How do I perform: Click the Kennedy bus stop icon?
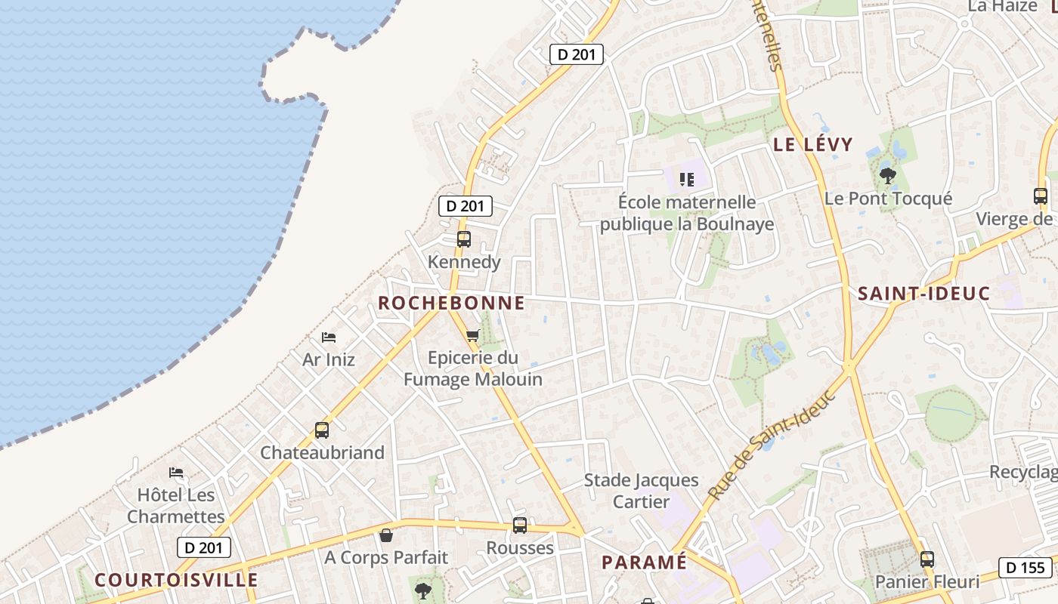463,239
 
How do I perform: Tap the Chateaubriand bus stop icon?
322,430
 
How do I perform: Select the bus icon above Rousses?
520,525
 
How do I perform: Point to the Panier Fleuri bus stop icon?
927,559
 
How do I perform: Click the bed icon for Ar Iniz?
329,337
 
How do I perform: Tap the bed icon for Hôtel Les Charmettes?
176,473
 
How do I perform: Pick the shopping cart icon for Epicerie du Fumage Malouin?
473,335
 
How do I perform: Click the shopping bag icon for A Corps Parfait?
386,535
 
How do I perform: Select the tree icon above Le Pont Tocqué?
888,176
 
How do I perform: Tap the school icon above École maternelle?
687,180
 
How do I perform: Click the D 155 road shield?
1026,568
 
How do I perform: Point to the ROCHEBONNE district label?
451,303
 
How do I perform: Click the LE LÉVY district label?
812,144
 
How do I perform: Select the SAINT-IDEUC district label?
923,294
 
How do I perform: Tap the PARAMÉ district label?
645,562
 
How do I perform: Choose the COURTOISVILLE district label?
176,580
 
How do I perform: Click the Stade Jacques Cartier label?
641,491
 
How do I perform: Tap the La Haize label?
1002,6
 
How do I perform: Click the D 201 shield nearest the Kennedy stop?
466,205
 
